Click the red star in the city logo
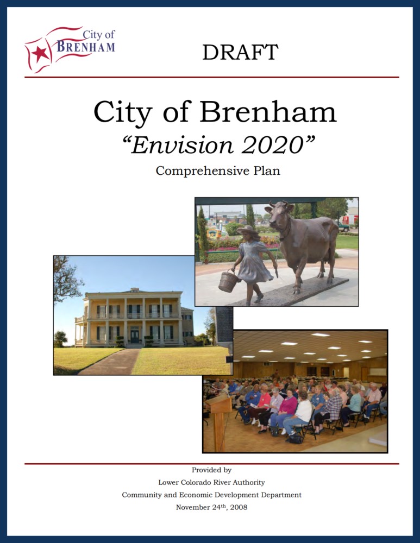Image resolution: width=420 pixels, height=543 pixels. point(41,54)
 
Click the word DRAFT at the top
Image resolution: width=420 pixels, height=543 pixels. point(240,52)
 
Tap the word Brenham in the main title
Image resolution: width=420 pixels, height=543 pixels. point(268,111)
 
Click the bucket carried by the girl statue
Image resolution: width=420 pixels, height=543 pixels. point(228,281)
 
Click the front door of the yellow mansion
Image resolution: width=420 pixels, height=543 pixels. point(134,336)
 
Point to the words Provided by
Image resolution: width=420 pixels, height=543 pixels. point(212,470)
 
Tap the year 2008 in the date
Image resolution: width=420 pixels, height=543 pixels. point(239,507)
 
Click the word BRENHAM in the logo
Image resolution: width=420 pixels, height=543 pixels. point(86,46)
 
